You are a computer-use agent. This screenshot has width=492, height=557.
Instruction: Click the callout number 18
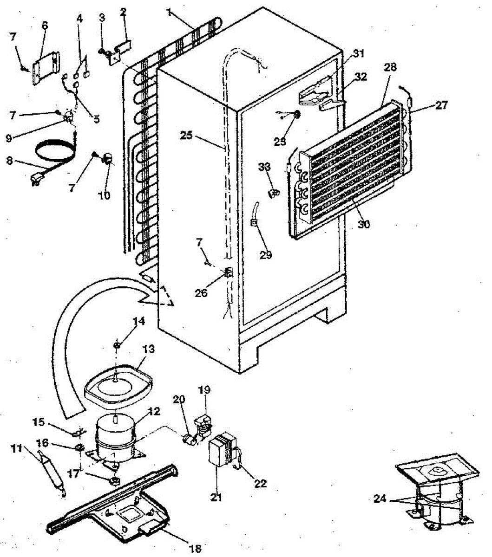pos(196,548)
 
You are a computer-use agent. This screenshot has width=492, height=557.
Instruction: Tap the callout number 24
pos(380,499)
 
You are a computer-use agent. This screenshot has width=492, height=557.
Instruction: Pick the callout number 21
pos(216,498)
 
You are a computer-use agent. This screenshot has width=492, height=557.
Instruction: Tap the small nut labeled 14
pos(118,344)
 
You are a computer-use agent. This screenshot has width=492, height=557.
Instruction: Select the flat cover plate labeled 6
pos(46,69)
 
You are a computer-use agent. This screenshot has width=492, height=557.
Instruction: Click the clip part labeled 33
pos(274,192)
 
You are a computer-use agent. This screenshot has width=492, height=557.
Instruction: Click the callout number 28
pos(390,67)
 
